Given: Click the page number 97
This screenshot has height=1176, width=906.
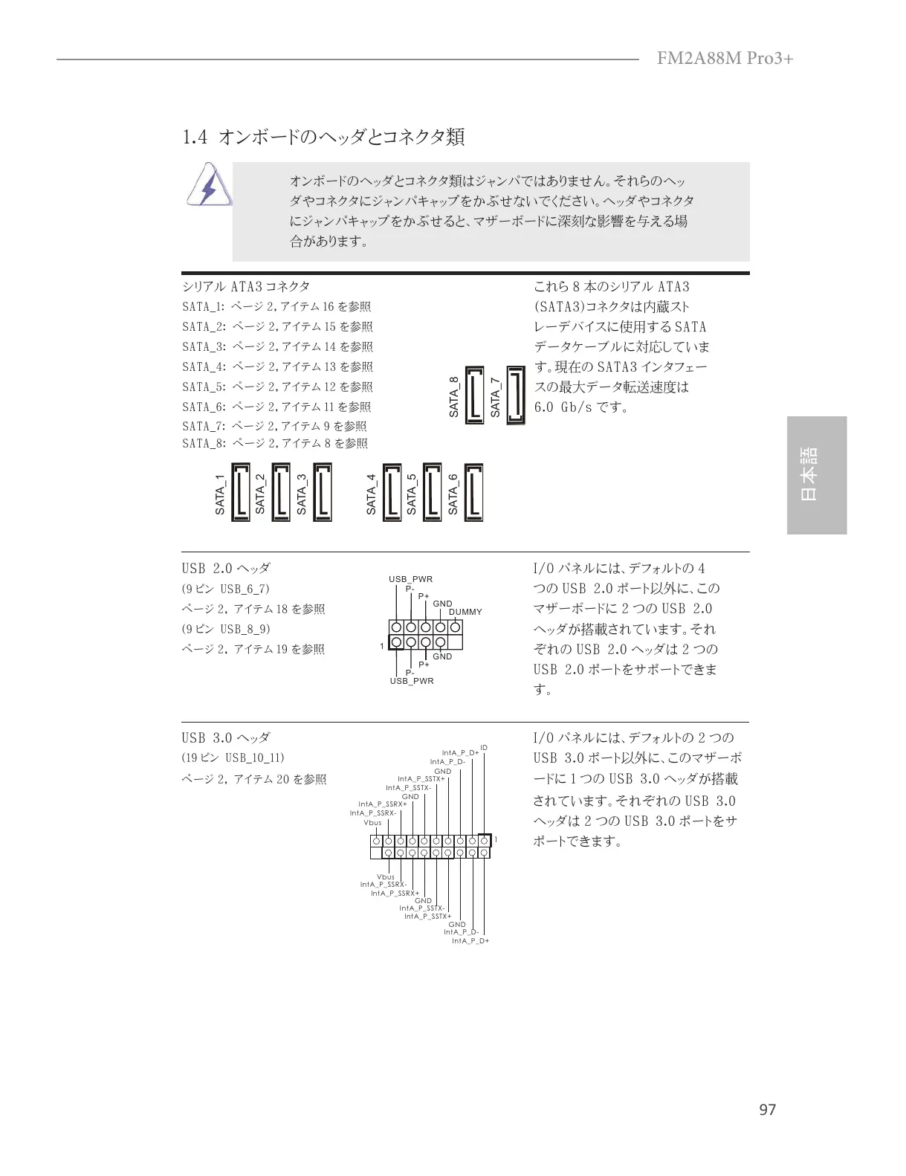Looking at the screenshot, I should (x=767, y=1110).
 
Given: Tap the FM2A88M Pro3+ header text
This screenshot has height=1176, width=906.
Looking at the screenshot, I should (x=725, y=58).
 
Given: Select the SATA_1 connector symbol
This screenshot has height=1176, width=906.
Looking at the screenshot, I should (x=240, y=492).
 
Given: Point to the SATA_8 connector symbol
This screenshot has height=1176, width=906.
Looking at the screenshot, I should (x=473, y=395).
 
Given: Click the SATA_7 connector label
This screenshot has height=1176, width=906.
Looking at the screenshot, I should (x=496, y=397).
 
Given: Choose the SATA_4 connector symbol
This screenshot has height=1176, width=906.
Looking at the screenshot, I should (x=391, y=492).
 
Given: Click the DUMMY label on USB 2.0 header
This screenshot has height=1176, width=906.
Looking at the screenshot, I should (x=465, y=612).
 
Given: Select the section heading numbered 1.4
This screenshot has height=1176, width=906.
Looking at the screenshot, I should (x=323, y=137).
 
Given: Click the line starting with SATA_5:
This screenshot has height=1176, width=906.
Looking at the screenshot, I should (x=277, y=387).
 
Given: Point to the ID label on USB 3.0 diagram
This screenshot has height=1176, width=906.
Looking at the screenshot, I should (x=484, y=747).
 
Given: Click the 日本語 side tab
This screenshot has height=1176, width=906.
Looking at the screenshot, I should (x=816, y=475).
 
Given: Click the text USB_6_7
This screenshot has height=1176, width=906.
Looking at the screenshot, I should (x=245, y=589).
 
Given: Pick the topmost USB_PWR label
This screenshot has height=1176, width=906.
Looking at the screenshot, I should (x=410, y=579).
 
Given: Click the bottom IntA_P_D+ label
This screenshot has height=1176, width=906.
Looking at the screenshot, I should (x=470, y=941).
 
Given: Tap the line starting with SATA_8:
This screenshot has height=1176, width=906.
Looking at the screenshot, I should (x=275, y=444).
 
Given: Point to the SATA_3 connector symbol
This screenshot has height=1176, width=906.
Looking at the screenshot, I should (x=322, y=492).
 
